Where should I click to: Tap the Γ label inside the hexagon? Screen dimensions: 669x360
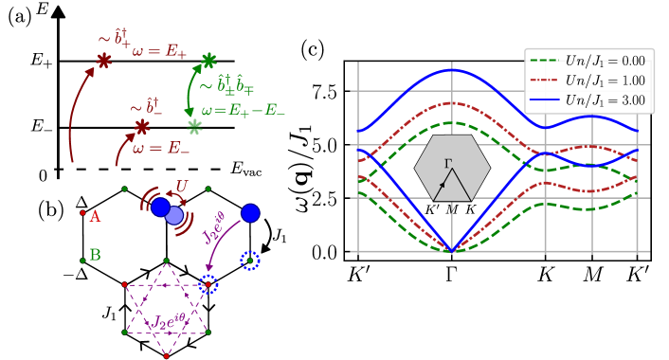click(448, 163)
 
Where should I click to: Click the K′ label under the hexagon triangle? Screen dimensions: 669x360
click(433, 209)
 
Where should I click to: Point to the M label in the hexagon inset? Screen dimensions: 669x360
click(452, 209)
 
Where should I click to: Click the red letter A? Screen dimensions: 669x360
click(95, 217)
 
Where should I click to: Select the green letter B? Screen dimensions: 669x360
click(95, 255)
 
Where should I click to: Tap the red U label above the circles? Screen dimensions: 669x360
click(182, 187)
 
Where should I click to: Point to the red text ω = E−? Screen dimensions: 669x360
click(160, 149)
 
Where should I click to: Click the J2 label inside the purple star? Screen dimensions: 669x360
click(173, 323)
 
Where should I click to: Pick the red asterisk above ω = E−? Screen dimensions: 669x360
click(141, 127)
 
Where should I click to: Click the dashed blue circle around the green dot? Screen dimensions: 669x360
click(249, 259)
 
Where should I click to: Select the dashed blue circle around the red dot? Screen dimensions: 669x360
click(208, 283)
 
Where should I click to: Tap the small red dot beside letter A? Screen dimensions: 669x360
click(82, 213)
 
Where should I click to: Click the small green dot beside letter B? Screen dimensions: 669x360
click(82, 251)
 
